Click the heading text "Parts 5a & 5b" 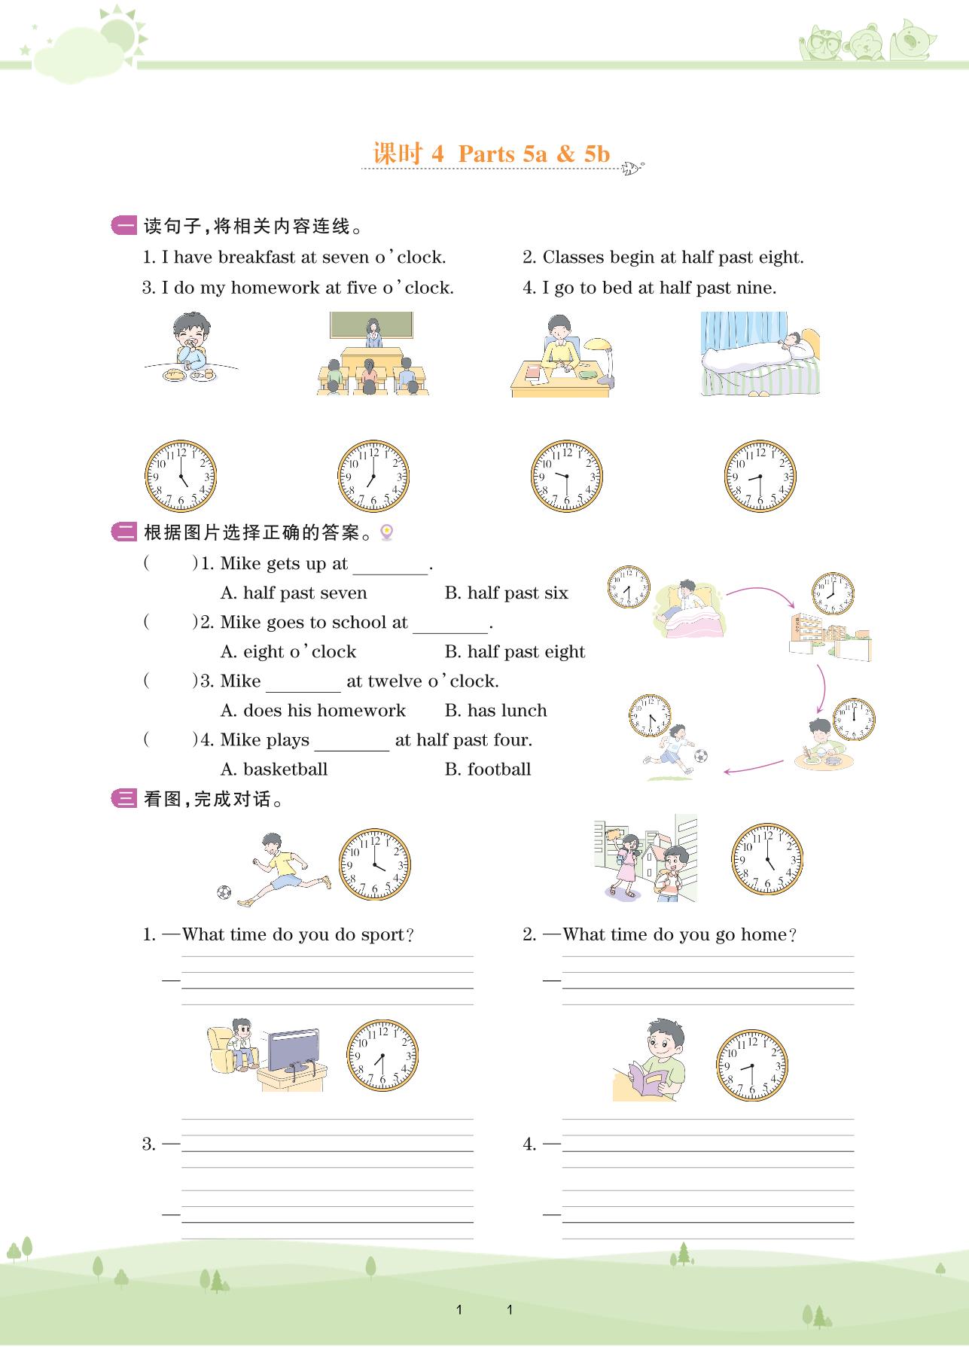point(534,154)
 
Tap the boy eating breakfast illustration point(191,348)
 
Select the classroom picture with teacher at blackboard point(372,354)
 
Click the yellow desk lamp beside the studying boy point(601,364)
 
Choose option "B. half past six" point(506,593)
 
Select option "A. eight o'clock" point(288,652)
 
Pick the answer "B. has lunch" point(495,711)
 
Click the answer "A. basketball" point(274,769)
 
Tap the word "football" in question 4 point(499,769)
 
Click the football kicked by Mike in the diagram point(701,754)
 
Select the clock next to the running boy point(374,864)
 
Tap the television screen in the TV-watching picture point(294,1048)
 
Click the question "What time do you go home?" point(680,935)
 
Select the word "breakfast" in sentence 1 point(257,258)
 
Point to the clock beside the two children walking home point(767,860)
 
